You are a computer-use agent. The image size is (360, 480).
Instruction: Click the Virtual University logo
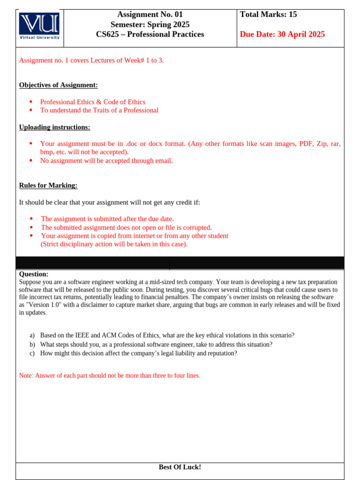[39, 26]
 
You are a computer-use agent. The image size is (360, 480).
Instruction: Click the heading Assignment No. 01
[150, 15]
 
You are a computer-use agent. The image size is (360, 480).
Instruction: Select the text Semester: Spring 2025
[150, 24]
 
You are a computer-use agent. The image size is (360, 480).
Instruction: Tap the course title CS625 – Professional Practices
[150, 34]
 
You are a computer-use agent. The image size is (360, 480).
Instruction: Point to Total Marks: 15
[269, 15]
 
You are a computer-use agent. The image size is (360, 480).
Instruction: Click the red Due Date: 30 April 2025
[282, 34]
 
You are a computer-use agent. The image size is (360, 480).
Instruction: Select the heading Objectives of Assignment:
[59, 85]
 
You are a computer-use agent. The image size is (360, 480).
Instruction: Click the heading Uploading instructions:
[54, 127]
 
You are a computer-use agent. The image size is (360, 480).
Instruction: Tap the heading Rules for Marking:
[48, 185]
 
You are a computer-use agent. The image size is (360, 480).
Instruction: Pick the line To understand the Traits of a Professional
[99, 110]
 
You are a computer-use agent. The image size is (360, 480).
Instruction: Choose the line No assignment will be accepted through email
[106, 160]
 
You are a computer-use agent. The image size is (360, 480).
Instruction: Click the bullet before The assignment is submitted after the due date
[31, 219]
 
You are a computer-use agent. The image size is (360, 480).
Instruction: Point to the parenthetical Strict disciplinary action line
[114, 244]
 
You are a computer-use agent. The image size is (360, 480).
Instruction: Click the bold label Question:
[34, 274]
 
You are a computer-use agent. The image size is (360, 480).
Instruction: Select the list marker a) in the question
[32, 335]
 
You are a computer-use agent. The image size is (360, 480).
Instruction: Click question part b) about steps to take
[156, 344]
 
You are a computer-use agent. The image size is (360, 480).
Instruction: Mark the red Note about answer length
[110, 375]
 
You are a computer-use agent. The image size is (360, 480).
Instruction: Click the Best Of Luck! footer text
[180, 467]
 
